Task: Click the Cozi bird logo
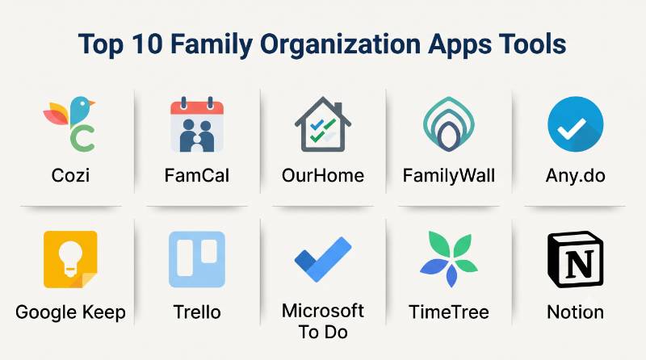(x=70, y=123)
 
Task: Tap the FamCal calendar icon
(x=197, y=124)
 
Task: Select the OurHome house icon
(x=322, y=124)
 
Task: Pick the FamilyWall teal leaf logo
(x=449, y=124)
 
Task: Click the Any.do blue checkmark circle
(x=575, y=124)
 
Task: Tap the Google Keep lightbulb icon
(x=70, y=259)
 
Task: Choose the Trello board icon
(x=197, y=259)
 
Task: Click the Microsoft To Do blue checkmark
(x=323, y=259)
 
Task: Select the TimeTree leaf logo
(x=449, y=259)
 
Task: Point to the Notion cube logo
(x=575, y=259)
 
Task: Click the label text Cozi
(x=70, y=175)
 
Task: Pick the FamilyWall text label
(x=449, y=176)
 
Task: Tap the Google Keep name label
(x=70, y=312)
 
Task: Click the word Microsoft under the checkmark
(x=322, y=311)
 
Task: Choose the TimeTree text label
(x=449, y=312)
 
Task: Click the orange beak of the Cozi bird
(x=91, y=103)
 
